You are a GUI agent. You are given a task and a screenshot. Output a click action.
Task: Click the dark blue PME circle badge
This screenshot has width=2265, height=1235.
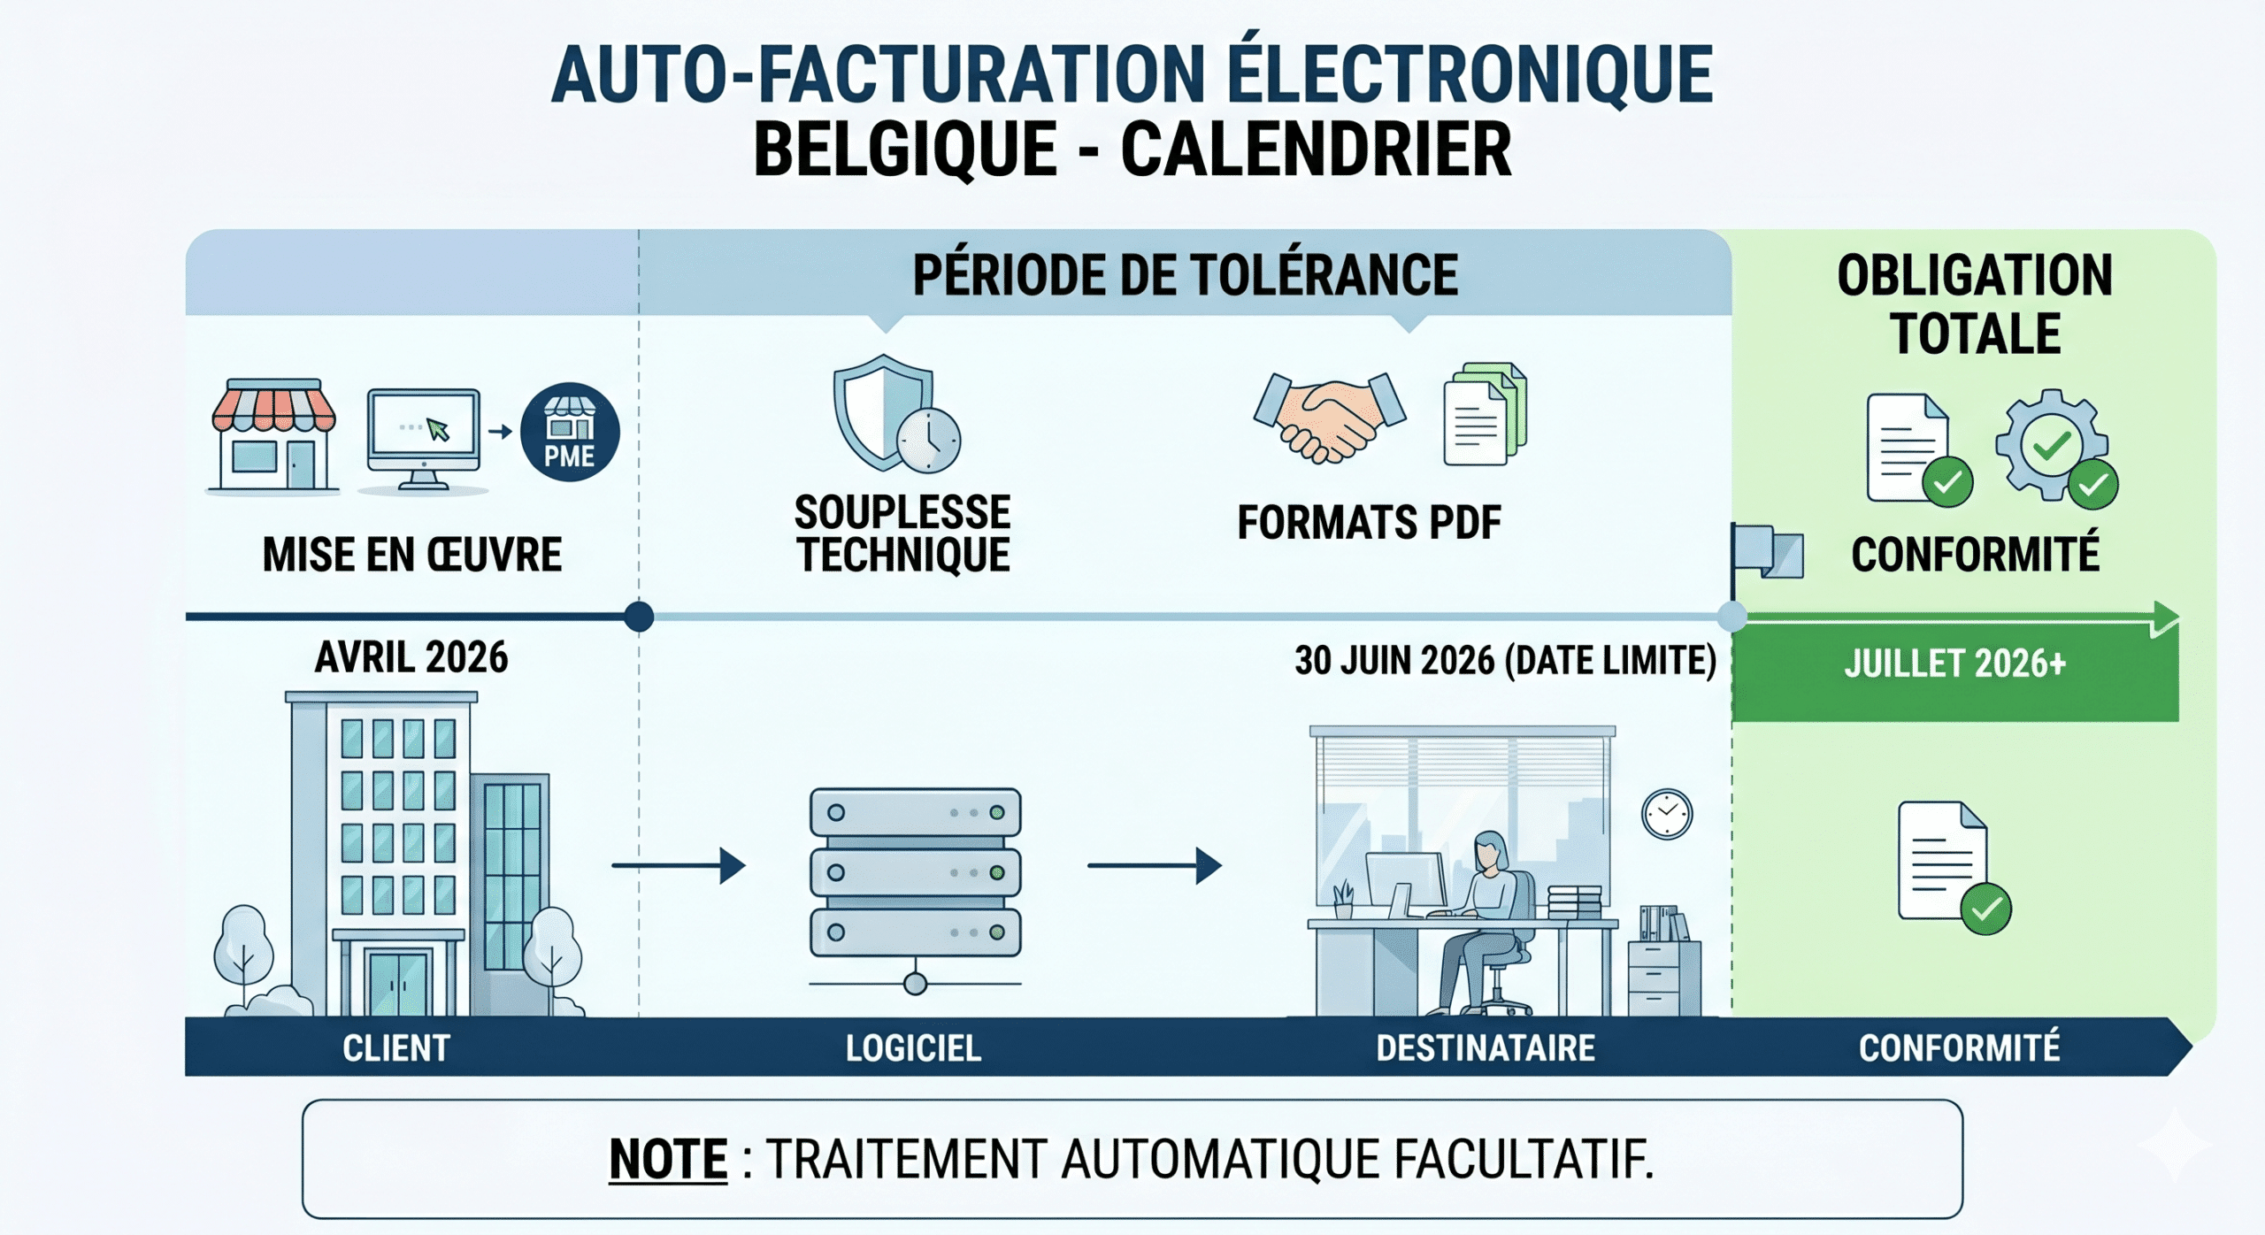(570, 432)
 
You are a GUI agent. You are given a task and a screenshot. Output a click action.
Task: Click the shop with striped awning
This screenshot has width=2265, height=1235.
(273, 435)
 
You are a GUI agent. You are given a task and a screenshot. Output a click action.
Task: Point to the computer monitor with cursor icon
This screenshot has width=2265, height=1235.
(424, 439)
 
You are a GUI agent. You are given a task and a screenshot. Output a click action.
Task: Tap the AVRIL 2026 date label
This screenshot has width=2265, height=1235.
(411, 657)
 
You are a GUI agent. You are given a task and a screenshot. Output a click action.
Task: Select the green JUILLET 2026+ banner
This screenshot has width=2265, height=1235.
(1955, 671)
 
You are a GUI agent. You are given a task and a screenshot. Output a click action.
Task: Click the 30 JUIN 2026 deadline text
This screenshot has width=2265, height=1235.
(1505, 660)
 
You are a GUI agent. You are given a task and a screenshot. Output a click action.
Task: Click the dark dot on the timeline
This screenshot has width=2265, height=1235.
(639, 617)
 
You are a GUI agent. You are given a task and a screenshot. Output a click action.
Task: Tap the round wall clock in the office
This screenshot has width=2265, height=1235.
(1667, 814)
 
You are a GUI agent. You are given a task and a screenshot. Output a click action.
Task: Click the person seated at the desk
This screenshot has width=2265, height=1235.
(1483, 920)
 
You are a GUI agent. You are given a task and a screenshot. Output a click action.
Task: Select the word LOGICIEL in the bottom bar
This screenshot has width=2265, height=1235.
(913, 1048)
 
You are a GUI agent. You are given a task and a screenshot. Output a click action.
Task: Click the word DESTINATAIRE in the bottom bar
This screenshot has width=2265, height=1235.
(1486, 1048)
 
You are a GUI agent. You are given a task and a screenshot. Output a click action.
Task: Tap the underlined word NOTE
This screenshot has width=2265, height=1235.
(668, 1159)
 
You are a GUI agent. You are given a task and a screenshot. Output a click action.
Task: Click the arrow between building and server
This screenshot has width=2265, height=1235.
(679, 865)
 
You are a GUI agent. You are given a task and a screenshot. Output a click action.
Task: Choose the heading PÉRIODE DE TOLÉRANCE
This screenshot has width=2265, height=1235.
(1186, 275)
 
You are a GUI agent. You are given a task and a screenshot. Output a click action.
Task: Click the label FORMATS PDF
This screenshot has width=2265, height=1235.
(1370, 522)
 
